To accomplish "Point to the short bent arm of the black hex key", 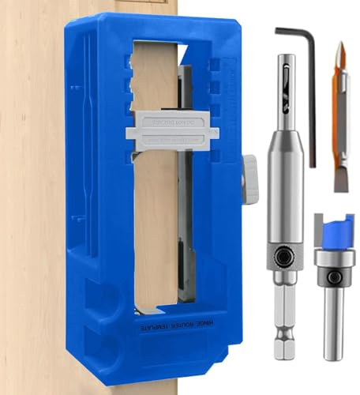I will point(292,33).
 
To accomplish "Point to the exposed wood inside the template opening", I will point(158,221).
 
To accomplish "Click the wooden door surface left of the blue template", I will point(32,197).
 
